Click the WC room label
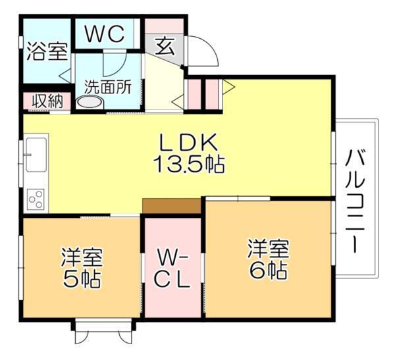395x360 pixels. pyautogui.click(x=104, y=34)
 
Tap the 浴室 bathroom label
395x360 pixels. pyautogui.click(x=47, y=52)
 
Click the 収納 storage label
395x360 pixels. pyautogui.click(x=47, y=101)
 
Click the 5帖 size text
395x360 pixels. pyautogui.click(x=82, y=278)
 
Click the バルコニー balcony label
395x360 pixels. pyautogui.click(x=356, y=201)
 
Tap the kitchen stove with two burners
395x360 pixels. pyautogui.click(x=36, y=198)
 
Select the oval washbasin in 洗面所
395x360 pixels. pyautogui.click(x=90, y=102)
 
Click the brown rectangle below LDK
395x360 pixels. pyautogui.click(x=171, y=206)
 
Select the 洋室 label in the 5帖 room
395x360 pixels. pyautogui.click(x=82, y=256)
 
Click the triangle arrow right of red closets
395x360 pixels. pyautogui.click(x=228, y=86)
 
